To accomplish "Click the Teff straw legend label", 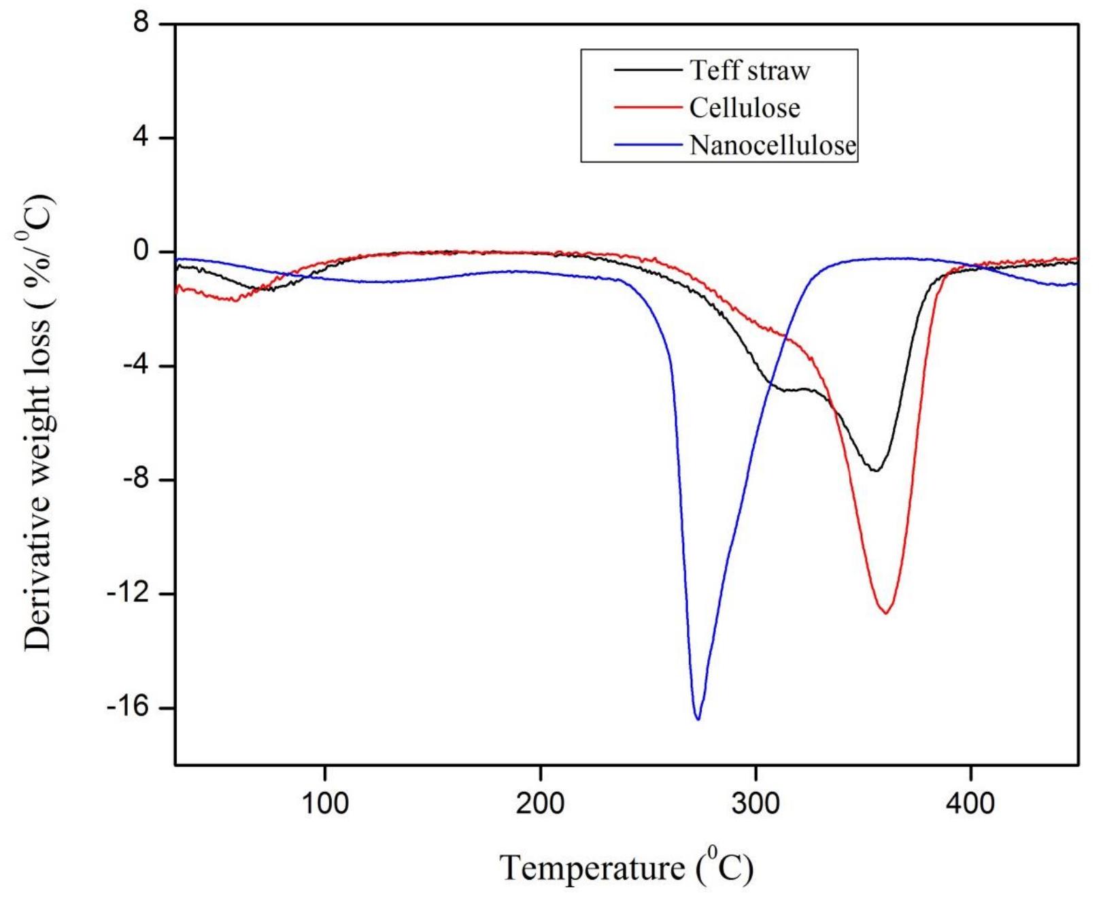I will click(749, 70).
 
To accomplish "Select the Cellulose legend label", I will click(744, 107).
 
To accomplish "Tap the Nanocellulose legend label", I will click(773, 145).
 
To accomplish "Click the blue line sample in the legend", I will click(647, 144).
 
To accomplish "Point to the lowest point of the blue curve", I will click(698, 718).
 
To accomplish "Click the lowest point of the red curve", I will click(886, 613).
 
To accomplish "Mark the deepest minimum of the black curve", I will click(876, 470).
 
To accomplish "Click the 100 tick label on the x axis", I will click(325, 803).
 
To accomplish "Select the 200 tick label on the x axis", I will click(541, 803).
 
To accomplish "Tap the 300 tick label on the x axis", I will click(756, 803).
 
